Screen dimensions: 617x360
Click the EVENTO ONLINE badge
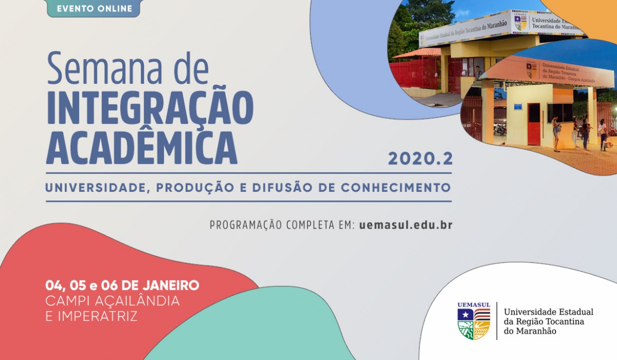point(94,8)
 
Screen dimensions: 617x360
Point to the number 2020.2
point(421,159)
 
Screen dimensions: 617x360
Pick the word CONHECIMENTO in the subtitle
point(396,187)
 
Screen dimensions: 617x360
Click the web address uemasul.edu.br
point(406,225)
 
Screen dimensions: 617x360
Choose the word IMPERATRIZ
point(98,316)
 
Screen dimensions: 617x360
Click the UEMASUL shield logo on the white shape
point(474,321)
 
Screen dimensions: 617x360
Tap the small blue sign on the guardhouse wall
point(518,106)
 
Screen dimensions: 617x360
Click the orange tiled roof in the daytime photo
point(417,53)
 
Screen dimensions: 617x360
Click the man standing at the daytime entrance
point(478,72)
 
